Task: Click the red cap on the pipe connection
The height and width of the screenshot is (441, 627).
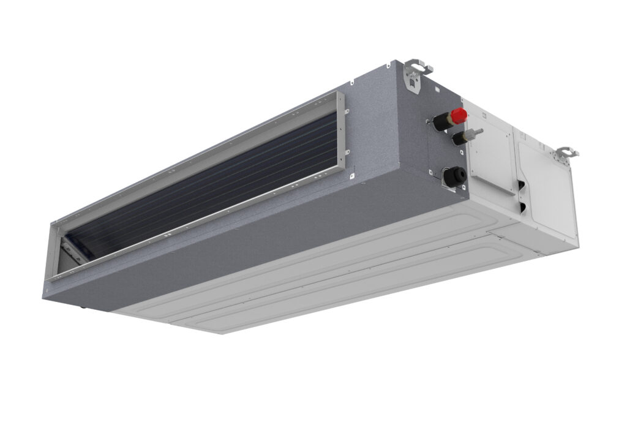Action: [459, 115]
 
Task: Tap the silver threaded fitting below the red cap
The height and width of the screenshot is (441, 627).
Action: [474, 133]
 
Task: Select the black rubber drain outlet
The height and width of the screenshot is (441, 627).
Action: [456, 177]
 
